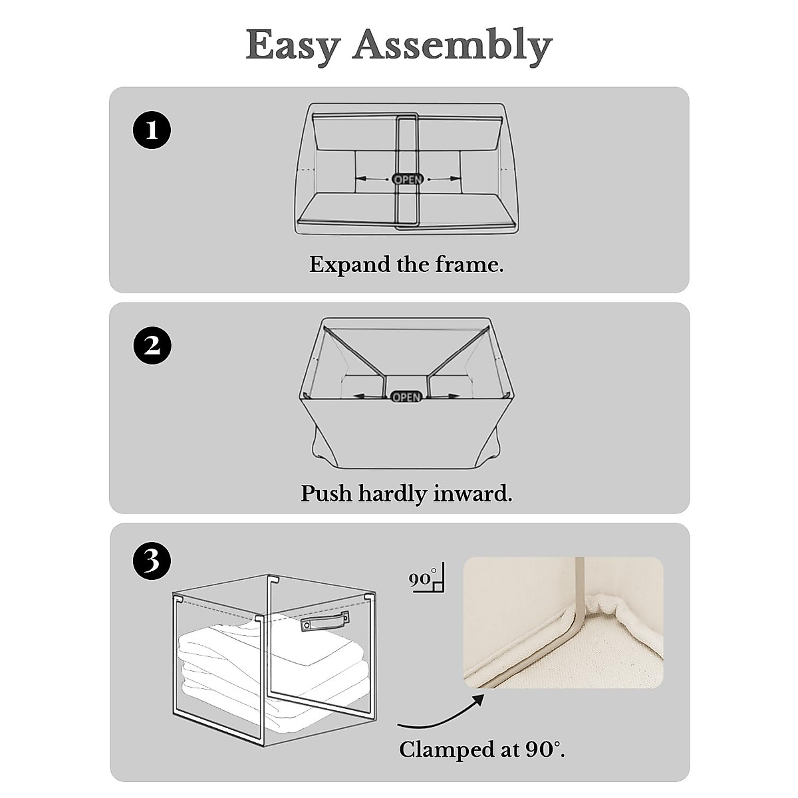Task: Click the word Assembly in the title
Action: (x=452, y=47)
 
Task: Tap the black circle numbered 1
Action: (x=152, y=130)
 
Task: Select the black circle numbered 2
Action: (x=152, y=346)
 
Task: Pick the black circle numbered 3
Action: (x=152, y=561)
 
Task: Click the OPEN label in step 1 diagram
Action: (x=408, y=179)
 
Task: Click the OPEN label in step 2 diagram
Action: (x=406, y=397)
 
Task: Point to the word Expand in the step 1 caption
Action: (x=350, y=265)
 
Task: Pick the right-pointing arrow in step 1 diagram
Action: (x=444, y=178)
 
